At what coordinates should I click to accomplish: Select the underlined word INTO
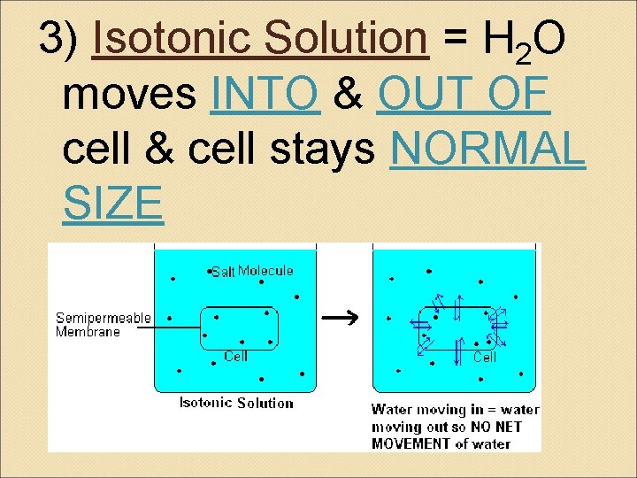point(265,95)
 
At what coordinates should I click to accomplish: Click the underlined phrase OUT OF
point(464,95)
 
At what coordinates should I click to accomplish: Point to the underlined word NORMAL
point(487,150)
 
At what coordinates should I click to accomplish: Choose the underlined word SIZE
point(112,204)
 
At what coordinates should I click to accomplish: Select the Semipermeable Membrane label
point(103,325)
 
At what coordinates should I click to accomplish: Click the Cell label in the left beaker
point(235,356)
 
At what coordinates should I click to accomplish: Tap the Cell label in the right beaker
point(485,357)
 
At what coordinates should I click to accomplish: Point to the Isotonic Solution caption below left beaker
point(236,403)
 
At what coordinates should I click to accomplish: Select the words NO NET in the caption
point(496,427)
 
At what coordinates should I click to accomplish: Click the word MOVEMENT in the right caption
point(411,443)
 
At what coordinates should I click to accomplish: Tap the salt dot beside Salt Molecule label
point(209,271)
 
